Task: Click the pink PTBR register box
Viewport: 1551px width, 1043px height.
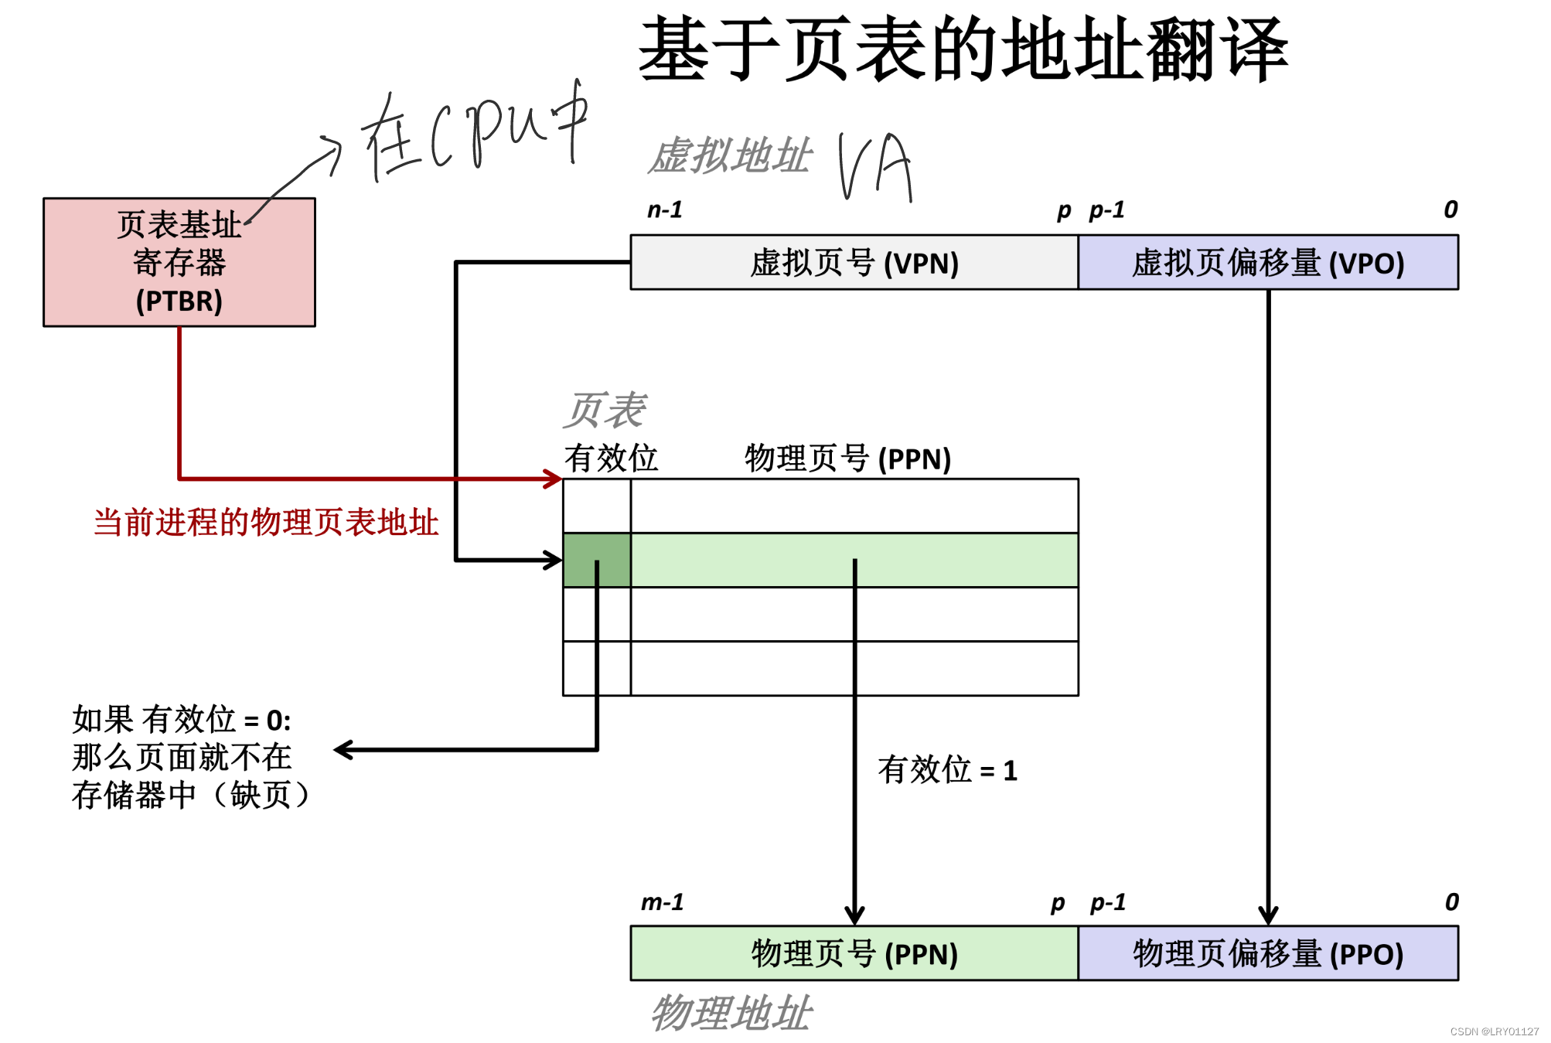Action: (179, 262)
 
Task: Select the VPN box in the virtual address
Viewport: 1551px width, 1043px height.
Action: (854, 263)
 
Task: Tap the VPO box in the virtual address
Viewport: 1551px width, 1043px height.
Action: (1267, 263)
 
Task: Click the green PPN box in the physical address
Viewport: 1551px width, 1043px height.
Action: (854, 953)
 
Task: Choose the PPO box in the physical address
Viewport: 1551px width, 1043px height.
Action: (1267, 953)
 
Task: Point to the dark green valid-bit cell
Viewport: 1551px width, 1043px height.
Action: (596, 559)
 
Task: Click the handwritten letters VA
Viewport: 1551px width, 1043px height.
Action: (875, 165)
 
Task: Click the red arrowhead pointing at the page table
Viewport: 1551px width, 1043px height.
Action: (554, 479)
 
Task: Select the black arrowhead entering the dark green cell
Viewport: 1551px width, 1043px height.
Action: (554, 560)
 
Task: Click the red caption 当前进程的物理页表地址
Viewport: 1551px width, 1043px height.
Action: (266, 523)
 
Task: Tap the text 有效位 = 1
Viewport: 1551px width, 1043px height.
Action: (947, 770)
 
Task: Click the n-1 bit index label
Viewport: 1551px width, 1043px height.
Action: (665, 210)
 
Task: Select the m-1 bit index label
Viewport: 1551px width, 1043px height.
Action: (663, 902)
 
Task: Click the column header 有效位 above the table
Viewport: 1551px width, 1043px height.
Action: (610, 458)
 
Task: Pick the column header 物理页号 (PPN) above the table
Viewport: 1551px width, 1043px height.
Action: (847, 458)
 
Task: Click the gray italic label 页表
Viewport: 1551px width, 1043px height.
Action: (604, 410)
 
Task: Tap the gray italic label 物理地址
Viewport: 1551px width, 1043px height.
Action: (731, 1013)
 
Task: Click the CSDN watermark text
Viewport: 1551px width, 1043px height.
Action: (1493, 1031)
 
